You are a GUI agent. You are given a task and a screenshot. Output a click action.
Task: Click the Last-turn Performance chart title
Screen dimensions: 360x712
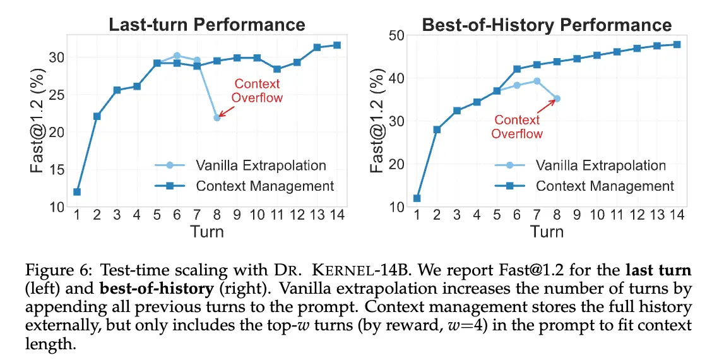207,25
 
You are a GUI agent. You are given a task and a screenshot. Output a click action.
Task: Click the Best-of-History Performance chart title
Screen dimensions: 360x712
547,25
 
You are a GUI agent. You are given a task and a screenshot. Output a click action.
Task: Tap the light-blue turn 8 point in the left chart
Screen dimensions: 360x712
217,117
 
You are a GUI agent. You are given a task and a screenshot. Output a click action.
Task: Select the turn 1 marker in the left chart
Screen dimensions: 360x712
77,192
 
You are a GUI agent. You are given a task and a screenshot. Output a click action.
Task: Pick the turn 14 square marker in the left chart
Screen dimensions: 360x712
336,45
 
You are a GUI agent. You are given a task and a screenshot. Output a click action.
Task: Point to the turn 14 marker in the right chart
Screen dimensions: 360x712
676,44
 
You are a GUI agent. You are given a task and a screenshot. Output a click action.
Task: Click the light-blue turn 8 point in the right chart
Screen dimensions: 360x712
557,99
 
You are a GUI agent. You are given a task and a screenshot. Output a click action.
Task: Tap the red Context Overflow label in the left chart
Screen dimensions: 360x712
256,91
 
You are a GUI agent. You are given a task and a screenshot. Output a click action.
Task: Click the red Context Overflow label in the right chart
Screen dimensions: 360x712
516,127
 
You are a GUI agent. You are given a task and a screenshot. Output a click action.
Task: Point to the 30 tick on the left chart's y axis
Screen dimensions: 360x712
57,57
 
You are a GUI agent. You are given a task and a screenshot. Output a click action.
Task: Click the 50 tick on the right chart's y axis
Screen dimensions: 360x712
396,35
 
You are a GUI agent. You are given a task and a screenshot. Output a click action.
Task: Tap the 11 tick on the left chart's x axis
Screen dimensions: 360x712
276,215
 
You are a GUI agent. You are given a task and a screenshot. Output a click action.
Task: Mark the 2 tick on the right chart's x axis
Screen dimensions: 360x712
437,215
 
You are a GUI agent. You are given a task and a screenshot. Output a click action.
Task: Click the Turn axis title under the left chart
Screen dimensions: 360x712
207,231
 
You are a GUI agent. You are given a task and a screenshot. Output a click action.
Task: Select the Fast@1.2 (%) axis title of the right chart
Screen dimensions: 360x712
377,121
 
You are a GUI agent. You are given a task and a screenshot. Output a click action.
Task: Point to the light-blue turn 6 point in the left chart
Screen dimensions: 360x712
177,56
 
